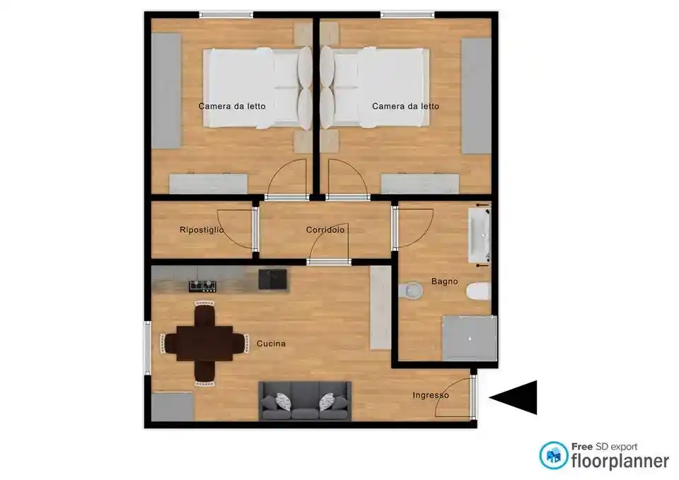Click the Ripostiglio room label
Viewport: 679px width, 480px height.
coord(202,230)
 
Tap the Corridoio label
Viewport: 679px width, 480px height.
coord(325,230)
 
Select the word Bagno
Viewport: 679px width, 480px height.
coord(444,282)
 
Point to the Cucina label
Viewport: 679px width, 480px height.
coord(271,344)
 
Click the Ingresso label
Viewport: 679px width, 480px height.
coord(431,396)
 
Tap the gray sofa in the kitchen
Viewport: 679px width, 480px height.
coord(306,401)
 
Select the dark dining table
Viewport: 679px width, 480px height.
coord(205,344)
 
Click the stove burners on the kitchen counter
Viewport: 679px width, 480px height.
coord(202,286)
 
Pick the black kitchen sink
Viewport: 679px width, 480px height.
coord(272,279)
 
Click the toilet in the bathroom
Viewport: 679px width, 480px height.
coord(478,291)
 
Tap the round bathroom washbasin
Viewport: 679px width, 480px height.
coord(410,291)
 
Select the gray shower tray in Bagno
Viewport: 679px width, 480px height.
coord(470,338)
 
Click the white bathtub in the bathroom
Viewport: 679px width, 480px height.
coord(479,235)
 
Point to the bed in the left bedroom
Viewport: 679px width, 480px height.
coord(257,88)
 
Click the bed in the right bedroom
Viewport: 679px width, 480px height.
coord(375,88)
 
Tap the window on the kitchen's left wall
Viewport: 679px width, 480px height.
coord(147,348)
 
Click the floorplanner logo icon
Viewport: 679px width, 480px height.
coord(553,455)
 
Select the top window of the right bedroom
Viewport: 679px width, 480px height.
coord(407,15)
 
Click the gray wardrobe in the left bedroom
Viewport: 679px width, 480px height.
coord(166,91)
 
